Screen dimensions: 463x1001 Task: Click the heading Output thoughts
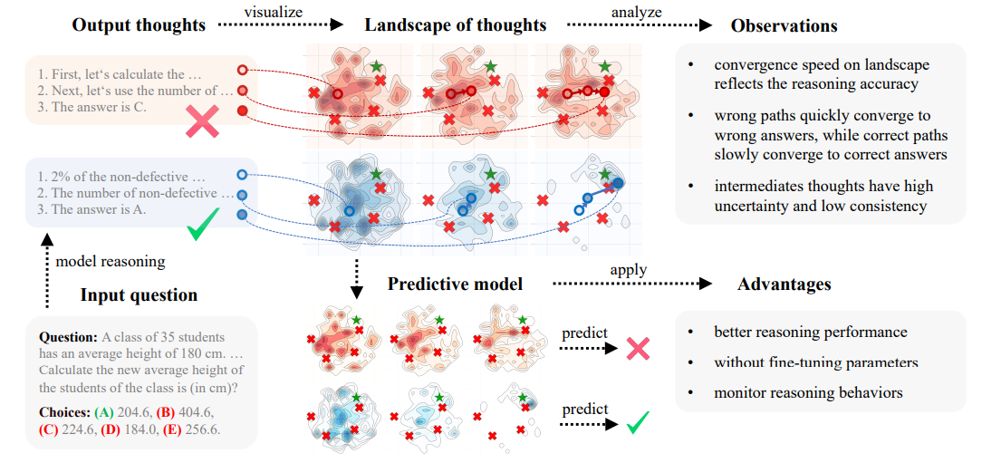coord(139,24)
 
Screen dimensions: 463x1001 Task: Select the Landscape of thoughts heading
coord(456,24)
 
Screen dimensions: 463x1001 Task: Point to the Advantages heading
coord(784,285)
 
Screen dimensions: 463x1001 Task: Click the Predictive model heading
coord(455,285)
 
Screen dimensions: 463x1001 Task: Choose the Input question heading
coord(139,294)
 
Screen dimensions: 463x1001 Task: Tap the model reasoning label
coord(111,261)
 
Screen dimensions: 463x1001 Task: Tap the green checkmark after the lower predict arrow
coord(640,420)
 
